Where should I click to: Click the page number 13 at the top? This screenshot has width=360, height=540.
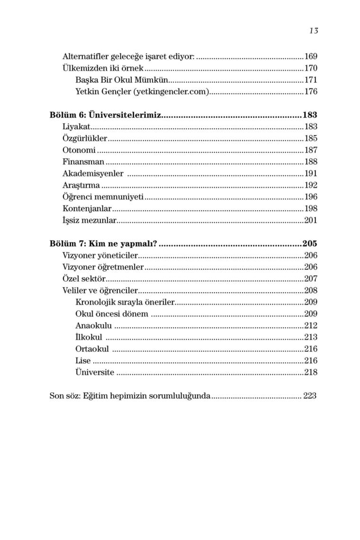point(314,31)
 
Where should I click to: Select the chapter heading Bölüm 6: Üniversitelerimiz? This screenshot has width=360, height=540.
point(106,115)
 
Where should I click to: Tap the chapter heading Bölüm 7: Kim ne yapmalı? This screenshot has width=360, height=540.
point(103,244)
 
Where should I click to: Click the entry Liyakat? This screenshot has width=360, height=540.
point(76,126)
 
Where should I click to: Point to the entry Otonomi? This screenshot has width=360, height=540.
point(79,150)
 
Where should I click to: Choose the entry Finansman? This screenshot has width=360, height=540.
point(83,162)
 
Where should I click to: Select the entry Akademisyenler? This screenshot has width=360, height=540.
point(93,173)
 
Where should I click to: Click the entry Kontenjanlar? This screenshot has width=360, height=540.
point(87,208)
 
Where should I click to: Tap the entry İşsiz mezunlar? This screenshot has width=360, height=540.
point(89,220)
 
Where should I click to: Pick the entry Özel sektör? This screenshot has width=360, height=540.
point(84,279)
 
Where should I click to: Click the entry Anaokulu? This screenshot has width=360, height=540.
point(94,325)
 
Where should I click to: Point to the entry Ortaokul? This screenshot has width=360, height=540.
point(92,349)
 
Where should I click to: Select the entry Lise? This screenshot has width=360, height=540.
point(83,360)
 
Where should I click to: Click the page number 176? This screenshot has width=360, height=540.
point(311,91)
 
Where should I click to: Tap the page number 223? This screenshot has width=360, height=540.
point(310,396)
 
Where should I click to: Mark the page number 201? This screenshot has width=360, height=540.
point(311,220)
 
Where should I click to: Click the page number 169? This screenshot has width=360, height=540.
point(311,56)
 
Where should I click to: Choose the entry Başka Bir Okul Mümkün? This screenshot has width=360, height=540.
point(122,80)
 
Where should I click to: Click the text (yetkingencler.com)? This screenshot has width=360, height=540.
point(172,91)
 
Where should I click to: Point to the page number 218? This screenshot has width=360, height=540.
point(311,372)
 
